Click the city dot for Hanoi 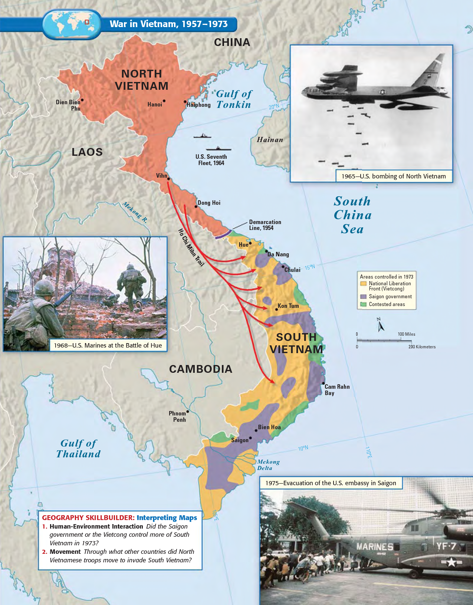pos(164,101)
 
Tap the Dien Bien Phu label pos(69,105)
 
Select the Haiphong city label pos(199,105)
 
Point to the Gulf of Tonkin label pos(234,99)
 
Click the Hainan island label pos(270,140)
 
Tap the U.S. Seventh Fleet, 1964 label pos(211,160)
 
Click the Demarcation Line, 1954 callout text pos(265,225)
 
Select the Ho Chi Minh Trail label pos(191,247)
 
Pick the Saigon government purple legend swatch pos(364,297)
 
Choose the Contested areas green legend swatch pos(364,305)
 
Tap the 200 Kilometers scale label pos(422,347)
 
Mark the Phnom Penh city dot pos(188,411)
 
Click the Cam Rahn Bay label pos(337,390)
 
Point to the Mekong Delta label pos(268,465)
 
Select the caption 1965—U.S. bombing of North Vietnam pos(394,176)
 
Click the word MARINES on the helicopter pos(375,547)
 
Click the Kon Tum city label pos(288,306)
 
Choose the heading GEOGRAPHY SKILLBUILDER pos(88,518)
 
